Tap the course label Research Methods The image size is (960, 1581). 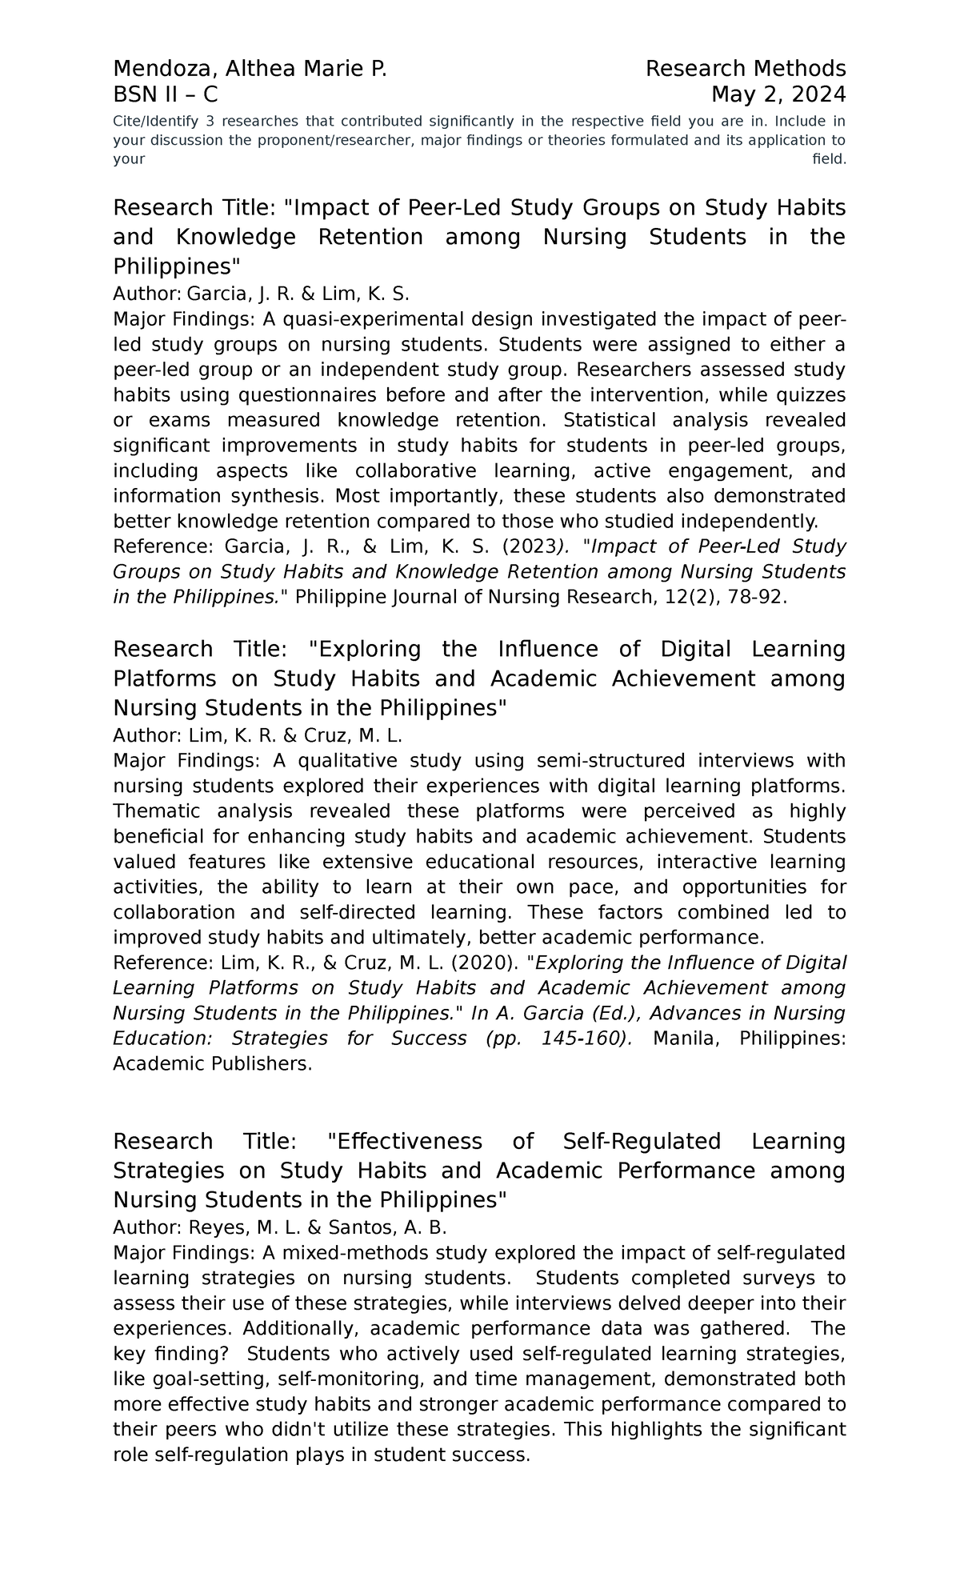[745, 70]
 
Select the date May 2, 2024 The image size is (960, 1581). [778, 95]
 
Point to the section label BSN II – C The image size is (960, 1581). [165, 95]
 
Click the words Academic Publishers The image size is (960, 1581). [212, 1065]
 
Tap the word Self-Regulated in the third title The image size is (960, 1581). [642, 1142]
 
